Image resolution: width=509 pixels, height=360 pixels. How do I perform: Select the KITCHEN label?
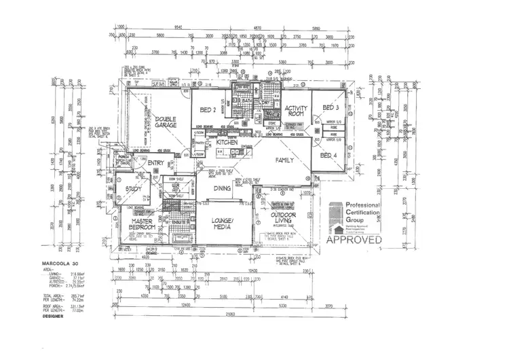pos(227,143)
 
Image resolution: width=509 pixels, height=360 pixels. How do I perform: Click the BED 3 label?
pos(330,108)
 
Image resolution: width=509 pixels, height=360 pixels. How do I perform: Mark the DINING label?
pos(222,189)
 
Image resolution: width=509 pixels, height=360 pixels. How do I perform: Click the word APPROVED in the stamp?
pos(354,239)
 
